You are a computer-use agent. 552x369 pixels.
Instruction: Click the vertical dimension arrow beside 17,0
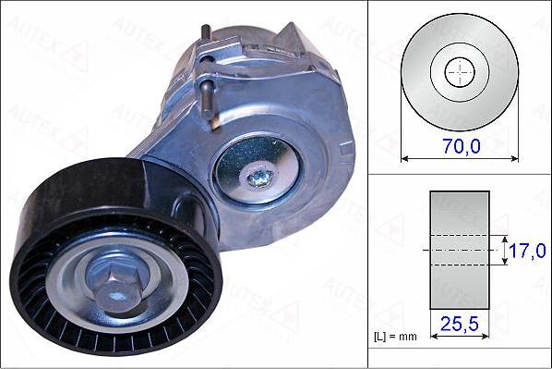[x=504, y=251]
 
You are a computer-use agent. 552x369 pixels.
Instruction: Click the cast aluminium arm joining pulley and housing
[x=171, y=148]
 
